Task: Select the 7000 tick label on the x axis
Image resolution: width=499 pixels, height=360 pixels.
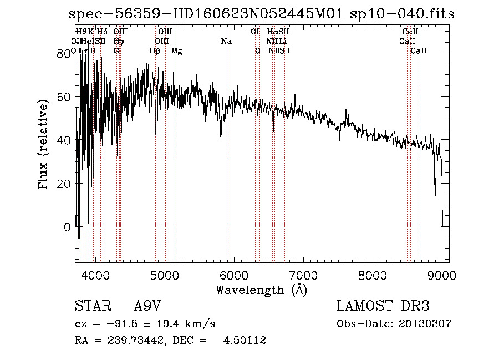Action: [303, 274]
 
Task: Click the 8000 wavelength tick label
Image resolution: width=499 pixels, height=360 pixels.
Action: [373, 274]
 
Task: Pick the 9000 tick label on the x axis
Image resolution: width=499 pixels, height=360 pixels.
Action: [442, 274]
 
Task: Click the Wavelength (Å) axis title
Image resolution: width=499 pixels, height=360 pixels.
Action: [261, 290]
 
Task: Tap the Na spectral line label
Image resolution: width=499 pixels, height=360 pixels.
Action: [226, 42]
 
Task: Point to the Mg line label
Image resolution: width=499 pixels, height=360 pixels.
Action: [176, 51]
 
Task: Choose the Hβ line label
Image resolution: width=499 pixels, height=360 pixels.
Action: [155, 51]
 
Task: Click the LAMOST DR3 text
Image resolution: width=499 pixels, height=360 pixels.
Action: [383, 306]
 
